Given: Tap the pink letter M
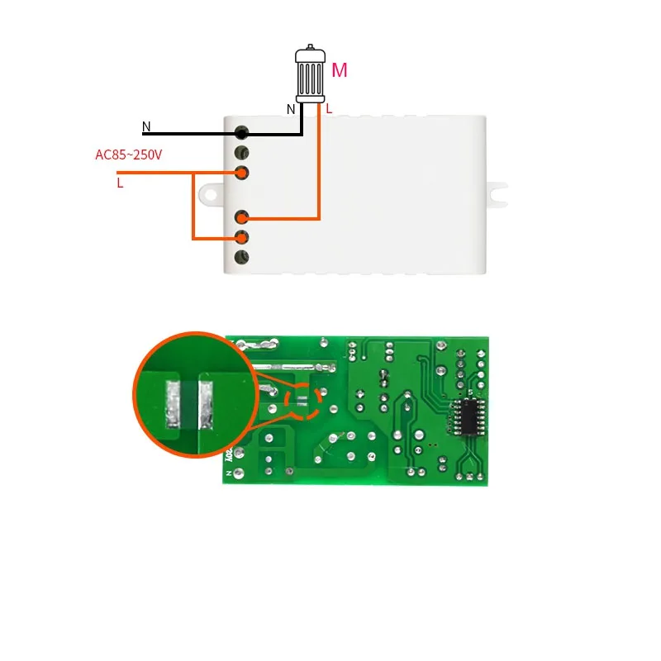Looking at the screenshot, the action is (339, 71).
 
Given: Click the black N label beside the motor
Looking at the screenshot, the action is (290, 109).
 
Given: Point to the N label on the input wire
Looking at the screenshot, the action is (146, 127).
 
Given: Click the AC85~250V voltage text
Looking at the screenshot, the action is (130, 155).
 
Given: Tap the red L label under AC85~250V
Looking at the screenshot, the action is (120, 183).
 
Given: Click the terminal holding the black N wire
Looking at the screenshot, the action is (242, 133).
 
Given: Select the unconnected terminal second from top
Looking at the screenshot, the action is (242, 153).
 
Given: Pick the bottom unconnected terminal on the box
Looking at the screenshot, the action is (242, 258).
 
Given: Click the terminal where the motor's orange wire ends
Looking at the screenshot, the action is (242, 218).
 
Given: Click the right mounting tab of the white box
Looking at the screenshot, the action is (499, 194).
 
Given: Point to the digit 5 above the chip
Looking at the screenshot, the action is (469, 392).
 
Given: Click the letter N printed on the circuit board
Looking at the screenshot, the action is (226, 475).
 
